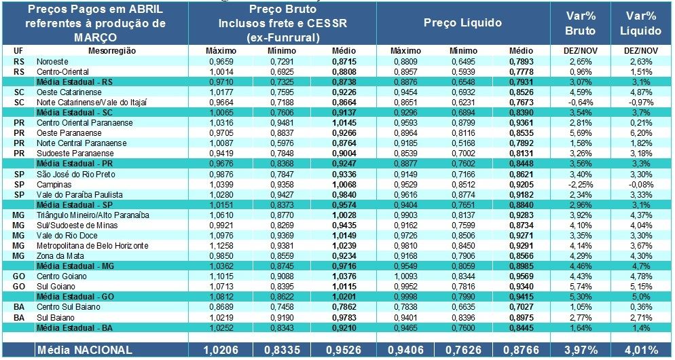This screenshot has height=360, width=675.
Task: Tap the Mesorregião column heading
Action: coord(112,51)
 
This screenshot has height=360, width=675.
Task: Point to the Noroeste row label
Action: coord(52,61)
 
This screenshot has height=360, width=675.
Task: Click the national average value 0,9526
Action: coord(340,350)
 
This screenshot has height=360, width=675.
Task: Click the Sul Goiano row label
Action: coord(54,287)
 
